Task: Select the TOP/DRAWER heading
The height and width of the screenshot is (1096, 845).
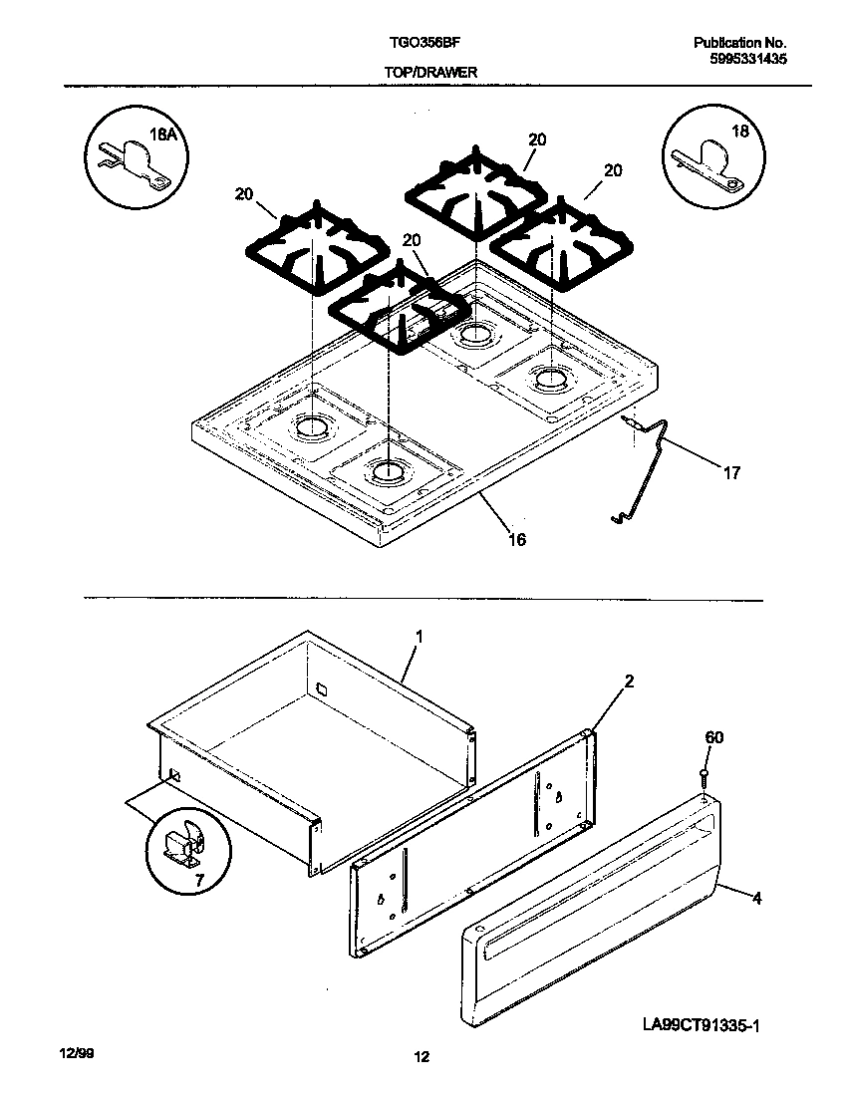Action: click(x=429, y=73)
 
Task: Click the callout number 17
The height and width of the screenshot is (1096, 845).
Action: click(x=731, y=473)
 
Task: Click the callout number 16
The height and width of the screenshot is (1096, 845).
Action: click(x=517, y=539)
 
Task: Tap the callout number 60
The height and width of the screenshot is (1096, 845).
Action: click(x=714, y=738)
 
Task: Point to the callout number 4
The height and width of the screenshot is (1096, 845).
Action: click(x=756, y=898)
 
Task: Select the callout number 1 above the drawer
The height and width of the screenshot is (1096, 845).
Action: click(x=420, y=635)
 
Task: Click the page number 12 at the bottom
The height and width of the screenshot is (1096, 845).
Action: click(x=422, y=1058)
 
